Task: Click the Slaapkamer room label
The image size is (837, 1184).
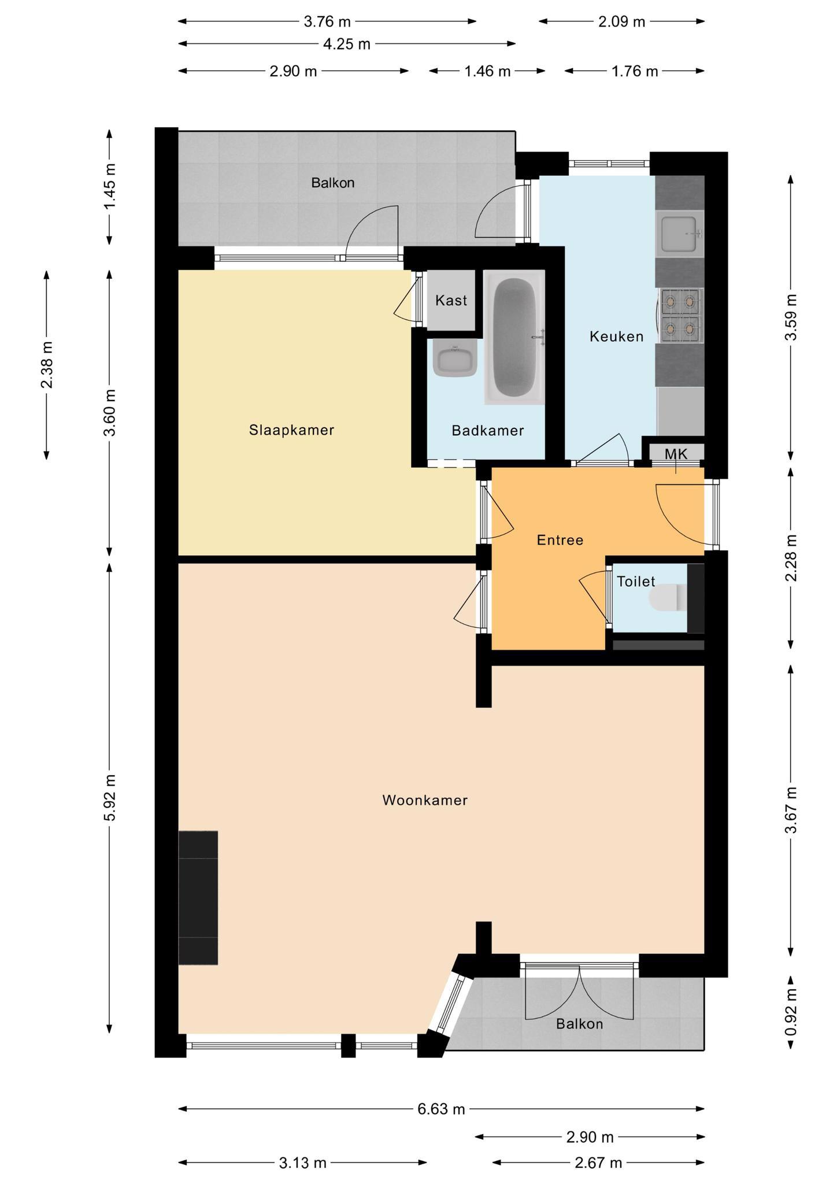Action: (291, 430)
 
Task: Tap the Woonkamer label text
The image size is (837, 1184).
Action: (425, 800)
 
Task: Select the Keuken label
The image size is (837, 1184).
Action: (616, 336)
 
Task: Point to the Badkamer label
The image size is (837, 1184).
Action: (488, 431)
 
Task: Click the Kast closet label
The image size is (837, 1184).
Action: (451, 301)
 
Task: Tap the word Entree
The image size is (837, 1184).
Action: (560, 540)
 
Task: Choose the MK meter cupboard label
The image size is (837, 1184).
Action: (676, 454)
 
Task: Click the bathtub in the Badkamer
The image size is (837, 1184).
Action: (514, 337)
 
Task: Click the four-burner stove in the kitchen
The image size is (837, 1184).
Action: (680, 316)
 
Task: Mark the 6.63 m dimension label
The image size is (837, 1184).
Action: (441, 1109)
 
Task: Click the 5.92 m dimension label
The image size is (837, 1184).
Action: (110, 797)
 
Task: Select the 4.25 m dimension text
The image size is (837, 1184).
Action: (346, 44)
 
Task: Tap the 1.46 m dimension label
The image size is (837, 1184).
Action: (488, 71)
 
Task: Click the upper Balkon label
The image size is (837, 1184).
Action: (332, 183)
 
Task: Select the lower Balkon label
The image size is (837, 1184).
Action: (579, 1024)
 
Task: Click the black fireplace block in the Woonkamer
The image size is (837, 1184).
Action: (198, 898)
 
